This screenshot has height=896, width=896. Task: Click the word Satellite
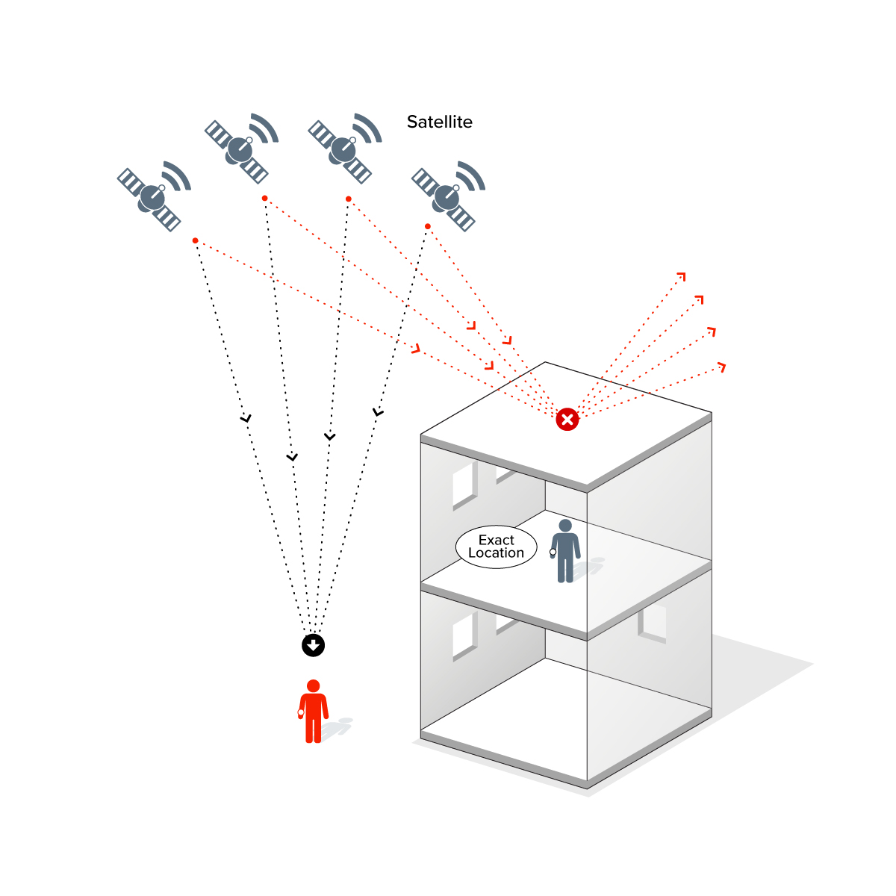(x=439, y=122)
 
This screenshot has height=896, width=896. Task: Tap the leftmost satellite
(x=152, y=196)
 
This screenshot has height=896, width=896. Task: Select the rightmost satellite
(x=447, y=196)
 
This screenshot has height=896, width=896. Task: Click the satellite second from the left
(x=240, y=148)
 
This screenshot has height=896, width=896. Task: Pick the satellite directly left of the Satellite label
(x=343, y=148)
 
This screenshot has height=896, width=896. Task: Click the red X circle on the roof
(x=567, y=420)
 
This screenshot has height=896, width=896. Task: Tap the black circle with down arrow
(x=314, y=645)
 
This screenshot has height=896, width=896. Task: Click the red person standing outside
(x=314, y=712)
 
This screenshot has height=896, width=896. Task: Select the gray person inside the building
(x=565, y=553)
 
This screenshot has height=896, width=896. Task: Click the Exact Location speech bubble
(x=497, y=547)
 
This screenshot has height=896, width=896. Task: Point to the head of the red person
(x=314, y=686)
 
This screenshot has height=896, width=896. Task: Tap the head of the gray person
(x=565, y=526)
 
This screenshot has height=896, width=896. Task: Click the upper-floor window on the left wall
(x=464, y=485)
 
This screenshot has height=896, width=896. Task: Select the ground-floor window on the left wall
(x=464, y=636)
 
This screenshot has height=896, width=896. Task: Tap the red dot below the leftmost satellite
(x=195, y=240)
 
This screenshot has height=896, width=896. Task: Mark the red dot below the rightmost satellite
(x=428, y=226)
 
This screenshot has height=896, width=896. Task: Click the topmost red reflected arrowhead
(x=681, y=277)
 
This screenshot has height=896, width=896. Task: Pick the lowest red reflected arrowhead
(x=721, y=366)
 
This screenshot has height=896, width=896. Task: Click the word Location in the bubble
(x=497, y=553)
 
